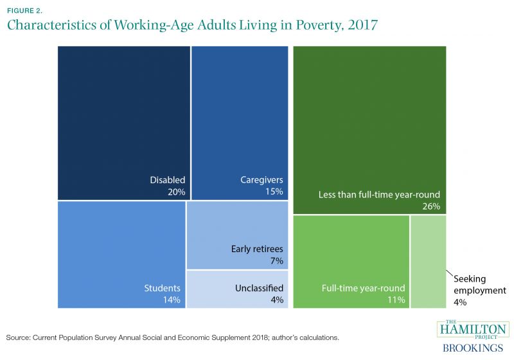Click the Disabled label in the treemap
[x=168, y=180]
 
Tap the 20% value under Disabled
[x=176, y=192]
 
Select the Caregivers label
[x=261, y=180]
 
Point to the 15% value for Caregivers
[x=274, y=192]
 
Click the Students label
[x=163, y=288]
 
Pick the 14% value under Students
[x=172, y=300]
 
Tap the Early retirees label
[x=257, y=249]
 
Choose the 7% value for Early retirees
[x=277, y=260]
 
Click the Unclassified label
[x=260, y=288]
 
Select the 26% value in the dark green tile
[x=431, y=206]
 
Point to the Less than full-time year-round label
[x=379, y=195]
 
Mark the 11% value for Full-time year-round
[x=396, y=300]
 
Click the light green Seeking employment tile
[x=429, y=262]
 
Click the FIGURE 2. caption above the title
[x=24, y=11]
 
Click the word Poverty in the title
[x=319, y=26]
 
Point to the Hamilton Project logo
[x=473, y=330]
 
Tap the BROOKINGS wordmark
[x=473, y=348]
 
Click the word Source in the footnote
[x=18, y=337]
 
